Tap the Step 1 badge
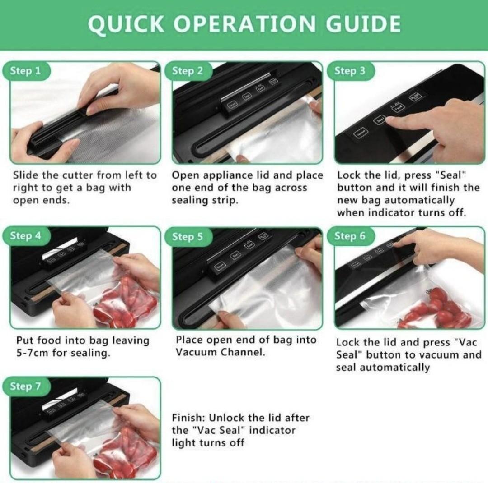25,71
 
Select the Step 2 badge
188,71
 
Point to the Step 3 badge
350,71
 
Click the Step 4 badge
25,236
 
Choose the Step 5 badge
188,237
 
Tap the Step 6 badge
350,236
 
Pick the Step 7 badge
25,386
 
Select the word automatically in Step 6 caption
383,368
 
